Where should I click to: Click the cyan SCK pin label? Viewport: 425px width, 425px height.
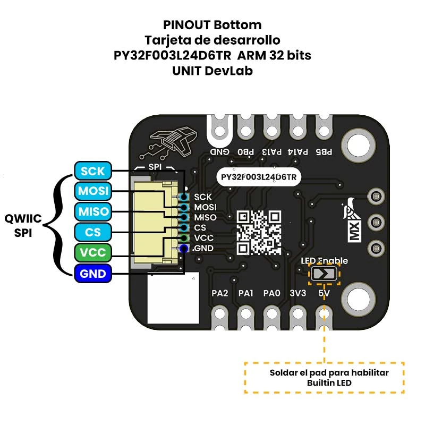click(93, 171)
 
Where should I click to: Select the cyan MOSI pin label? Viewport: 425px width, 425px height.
click(93, 191)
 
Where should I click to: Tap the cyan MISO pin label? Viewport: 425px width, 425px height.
click(93, 211)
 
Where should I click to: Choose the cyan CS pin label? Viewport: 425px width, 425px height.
click(93, 232)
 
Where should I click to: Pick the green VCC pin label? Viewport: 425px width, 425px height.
click(93, 252)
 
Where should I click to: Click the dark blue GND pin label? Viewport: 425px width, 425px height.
click(93, 274)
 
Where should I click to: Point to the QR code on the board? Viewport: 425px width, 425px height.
click(259, 232)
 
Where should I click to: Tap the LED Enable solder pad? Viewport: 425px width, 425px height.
click(324, 274)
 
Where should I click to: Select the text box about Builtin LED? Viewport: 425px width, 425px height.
click(324, 378)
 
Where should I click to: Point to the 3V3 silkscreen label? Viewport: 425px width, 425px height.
click(299, 293)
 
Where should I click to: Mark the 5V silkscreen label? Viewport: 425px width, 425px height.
click(324, 293)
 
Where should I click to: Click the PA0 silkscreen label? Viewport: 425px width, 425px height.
click(271, 293)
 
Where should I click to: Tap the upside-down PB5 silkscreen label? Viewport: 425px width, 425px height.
click(324, 151)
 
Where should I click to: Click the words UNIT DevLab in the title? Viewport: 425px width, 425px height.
click(212, 71)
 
